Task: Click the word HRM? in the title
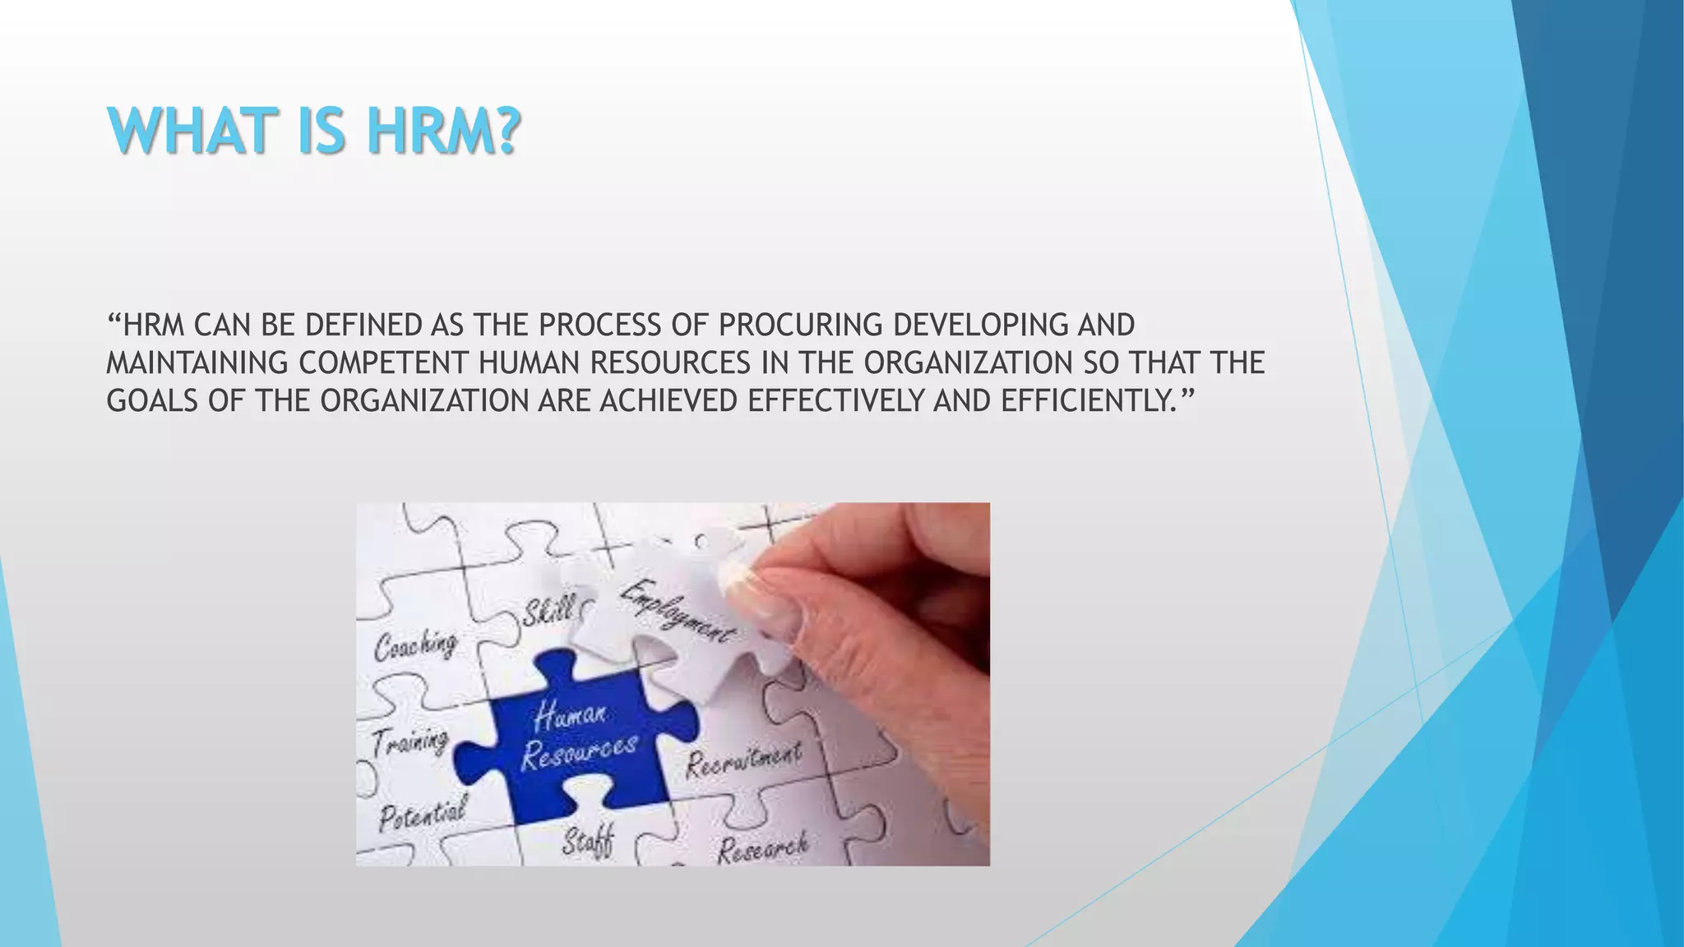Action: point(444,132)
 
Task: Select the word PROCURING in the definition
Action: point(800,326)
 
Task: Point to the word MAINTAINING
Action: point(197,363)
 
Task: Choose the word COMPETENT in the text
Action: point(384,363)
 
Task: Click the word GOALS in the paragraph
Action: point(152,401)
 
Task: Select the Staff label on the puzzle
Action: point(589,842)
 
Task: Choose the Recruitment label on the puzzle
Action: point(743,759)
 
